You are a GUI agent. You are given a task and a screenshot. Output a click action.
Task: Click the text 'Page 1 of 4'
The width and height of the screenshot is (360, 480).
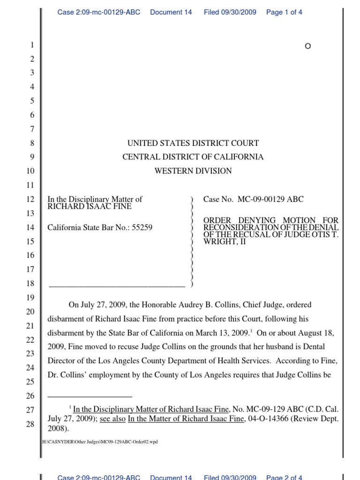pyautogui.click(x=284, y=12)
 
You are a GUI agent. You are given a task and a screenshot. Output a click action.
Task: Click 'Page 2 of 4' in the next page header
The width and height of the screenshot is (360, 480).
pyautogui.click(x=284, y=477)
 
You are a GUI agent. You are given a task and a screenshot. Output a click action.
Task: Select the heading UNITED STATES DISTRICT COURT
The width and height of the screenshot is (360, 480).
pyautogui.click(x=193, y=143)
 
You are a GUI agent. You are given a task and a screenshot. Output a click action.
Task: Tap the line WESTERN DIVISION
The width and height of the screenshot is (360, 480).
pyautogui.click(x=193, y=171)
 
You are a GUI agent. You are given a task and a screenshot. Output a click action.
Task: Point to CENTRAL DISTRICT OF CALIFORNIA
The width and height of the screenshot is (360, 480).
pyautogui.click(x=193, y=157)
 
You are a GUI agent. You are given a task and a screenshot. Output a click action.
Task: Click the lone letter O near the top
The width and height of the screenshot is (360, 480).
pyautogui.click(x=307, y=46)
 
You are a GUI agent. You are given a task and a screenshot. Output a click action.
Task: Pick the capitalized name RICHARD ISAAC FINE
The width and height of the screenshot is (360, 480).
pyautogui.click(x=90, y=206)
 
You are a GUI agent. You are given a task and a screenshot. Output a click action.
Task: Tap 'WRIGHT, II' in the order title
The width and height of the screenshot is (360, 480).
pyautogui.click(x=224, y=242)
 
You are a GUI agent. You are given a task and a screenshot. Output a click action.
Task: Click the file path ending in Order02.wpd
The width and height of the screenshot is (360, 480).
pyautogui.click(x=100, y=442)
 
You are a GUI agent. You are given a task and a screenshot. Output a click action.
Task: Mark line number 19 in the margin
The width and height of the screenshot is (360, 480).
pyautogui.click(x=30, y=298)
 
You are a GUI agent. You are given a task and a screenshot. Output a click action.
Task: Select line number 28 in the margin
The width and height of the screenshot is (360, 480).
pyautogui.click(x=30, y=424)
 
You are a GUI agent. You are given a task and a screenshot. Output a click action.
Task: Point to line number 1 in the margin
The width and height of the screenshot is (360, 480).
pyautogui.click(x=32, y=45)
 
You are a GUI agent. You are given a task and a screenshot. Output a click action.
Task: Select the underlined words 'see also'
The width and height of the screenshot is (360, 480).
pyautogui.click(x=112, y=419)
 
